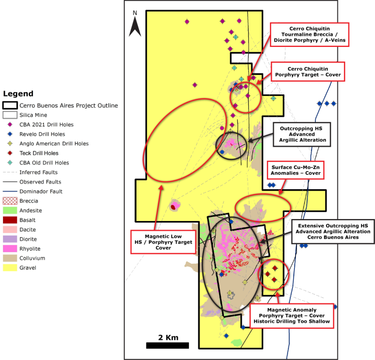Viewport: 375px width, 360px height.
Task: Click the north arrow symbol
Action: coord(135,25)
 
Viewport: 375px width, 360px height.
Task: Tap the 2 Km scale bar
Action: coord(167,345)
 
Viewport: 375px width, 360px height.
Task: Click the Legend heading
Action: coord(18,94)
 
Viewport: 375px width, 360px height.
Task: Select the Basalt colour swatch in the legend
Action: coord(10,220)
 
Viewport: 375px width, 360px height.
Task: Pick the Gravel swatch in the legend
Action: coord(10,267)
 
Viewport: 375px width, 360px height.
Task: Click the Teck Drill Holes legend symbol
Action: coord(10,153)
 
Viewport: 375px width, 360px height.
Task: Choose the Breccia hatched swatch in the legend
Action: coord(10,201)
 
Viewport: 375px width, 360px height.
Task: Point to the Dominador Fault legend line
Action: coord(10,191)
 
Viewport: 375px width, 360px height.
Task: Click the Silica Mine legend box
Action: coord(10,115)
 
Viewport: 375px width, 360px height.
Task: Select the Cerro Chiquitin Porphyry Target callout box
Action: coord(308,72)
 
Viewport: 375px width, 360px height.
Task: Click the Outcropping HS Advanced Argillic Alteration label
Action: coord(302,134)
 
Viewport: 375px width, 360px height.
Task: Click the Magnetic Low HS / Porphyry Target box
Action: coord(168,242)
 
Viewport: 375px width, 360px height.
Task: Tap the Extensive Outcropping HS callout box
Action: coord(333,232)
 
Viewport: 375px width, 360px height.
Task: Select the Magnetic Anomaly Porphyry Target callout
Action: coord(292,316)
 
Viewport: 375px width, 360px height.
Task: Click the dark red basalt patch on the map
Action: coord(173,207)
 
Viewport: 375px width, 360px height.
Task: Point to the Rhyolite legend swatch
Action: coord(10,248)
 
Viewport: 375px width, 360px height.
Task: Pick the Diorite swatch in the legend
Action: coord(10,239)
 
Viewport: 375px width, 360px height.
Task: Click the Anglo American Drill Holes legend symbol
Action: coord(10,144)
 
